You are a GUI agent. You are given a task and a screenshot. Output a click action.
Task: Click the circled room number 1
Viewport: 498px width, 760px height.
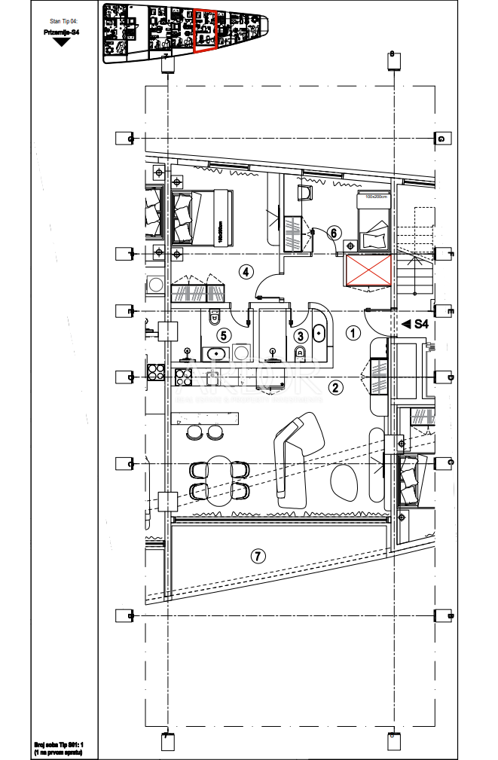coord(352,331)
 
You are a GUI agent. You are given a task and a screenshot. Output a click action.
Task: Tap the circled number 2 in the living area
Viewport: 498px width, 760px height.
coord(336,388)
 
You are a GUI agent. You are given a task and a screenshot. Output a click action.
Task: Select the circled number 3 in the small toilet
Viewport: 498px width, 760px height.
coord(300,336)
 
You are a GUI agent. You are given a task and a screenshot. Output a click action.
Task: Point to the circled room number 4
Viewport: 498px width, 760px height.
coord(245,271)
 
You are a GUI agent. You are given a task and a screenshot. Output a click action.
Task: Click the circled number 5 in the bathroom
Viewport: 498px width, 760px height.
coord(222,335)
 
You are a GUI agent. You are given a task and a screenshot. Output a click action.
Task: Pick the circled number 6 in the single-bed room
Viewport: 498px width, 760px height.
coord(334,233)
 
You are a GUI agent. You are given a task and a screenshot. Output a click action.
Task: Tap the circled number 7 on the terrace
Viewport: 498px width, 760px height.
coord(258,557)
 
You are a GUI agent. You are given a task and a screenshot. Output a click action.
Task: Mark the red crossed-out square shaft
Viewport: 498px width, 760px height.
coord(368,270)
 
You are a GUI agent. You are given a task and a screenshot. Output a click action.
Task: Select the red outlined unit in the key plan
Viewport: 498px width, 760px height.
coord(205,31)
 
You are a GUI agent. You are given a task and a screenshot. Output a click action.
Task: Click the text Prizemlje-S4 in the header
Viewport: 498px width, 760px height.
coord(62,32)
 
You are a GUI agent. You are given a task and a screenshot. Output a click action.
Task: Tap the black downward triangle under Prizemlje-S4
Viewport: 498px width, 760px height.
coord(62,42)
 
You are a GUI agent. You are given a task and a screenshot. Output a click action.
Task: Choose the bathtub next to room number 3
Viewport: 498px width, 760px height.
coord(319,336)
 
